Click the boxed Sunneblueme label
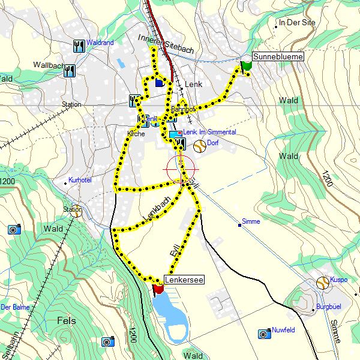click(x=278, y=56)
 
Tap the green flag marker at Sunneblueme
click(x=246, y=66)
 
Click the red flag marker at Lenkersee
click(x=159, y=289)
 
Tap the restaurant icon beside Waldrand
click(x=79, y=45)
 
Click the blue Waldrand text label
click(x=100, y=43)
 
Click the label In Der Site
click(x=296, y=23)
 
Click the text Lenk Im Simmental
click(x=209, y=132)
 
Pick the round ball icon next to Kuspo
click(x=323, y=281)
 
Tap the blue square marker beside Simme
click(x=240, y=225)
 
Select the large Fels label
click(x=66, y=320)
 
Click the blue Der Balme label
click(x=15, y=307)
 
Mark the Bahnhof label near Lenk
click(x=183, y=110)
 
